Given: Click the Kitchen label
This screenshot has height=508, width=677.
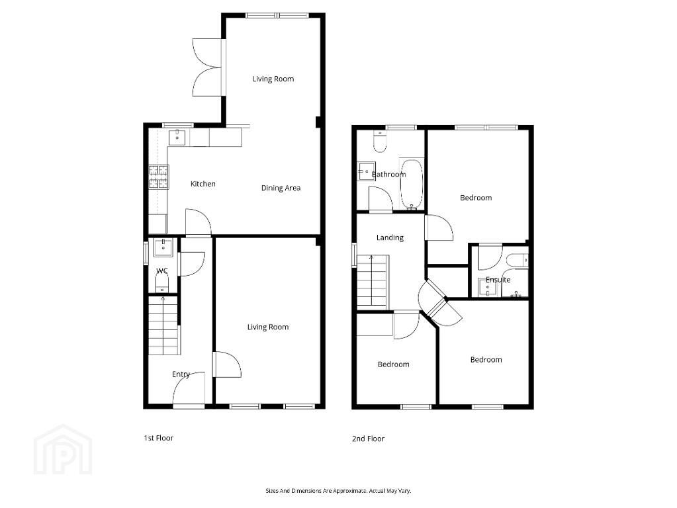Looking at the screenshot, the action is pos(203,184).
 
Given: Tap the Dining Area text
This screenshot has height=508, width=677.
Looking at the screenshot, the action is pos(281,188).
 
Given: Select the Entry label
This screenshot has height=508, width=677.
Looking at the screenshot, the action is pos(181,374).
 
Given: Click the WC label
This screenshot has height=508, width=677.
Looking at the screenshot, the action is pos(162,271).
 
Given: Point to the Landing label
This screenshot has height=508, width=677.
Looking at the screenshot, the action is pos(390,238).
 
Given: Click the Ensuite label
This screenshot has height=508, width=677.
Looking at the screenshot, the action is pos(498,280).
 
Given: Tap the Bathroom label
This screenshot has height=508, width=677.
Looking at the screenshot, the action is pos(388,175).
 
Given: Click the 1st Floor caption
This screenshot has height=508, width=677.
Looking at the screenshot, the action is pos(158,438).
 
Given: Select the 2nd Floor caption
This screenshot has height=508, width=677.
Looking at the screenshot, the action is pos(368,439).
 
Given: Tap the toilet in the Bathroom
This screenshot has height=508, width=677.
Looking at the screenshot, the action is pos(379,141).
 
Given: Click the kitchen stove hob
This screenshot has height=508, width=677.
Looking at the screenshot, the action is pos(159,177).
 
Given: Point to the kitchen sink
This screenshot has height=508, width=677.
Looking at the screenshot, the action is pos(177,138).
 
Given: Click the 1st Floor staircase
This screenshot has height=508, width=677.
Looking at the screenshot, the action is pos(163,325).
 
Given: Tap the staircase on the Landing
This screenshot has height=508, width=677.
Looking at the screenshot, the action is pos(372,282).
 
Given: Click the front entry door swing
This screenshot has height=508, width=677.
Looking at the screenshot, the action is pos(189,388).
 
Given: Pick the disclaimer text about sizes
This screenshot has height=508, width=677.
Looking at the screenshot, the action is pos(338,491).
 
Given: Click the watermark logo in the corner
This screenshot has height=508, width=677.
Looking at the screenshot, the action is pos(63,450).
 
